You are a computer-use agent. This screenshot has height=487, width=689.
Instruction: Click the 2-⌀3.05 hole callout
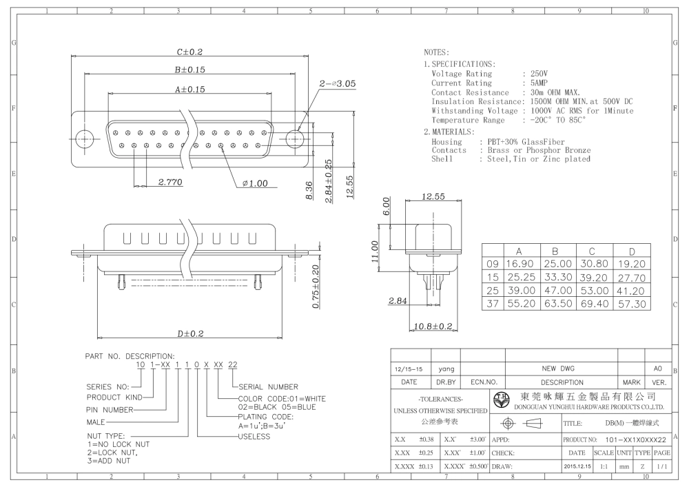pos(337,83)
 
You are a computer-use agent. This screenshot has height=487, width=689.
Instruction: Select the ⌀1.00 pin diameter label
pos(255,183)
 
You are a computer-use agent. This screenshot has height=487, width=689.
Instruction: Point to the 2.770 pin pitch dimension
pos(170,182)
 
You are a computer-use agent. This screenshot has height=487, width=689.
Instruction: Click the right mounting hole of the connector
pos(294,138)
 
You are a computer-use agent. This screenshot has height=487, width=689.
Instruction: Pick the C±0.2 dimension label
pos(189,52)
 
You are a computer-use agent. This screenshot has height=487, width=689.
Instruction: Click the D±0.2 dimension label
pos(190,334)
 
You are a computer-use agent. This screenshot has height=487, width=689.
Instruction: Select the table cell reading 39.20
pos(595,278)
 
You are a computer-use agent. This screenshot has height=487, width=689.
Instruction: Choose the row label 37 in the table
pos(493,304)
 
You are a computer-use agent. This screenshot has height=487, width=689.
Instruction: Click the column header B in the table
pos(555,251)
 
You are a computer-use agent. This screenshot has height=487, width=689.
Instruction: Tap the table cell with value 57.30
pos(632,304)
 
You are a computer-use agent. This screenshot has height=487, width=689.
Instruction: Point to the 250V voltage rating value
pos(539,73)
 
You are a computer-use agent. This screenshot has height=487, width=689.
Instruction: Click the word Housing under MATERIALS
pos(447,141)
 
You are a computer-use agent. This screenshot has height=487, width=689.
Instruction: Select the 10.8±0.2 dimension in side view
pos(433,326)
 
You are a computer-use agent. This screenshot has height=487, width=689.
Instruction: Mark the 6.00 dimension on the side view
pos(386,206)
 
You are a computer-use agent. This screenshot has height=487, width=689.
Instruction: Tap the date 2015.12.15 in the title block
pos(577,466)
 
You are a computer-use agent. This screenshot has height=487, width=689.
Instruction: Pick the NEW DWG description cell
pos(558,369)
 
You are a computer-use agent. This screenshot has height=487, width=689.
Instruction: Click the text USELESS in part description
pos(254,437)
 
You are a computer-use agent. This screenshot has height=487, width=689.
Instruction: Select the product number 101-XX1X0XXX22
pos(635,439)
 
